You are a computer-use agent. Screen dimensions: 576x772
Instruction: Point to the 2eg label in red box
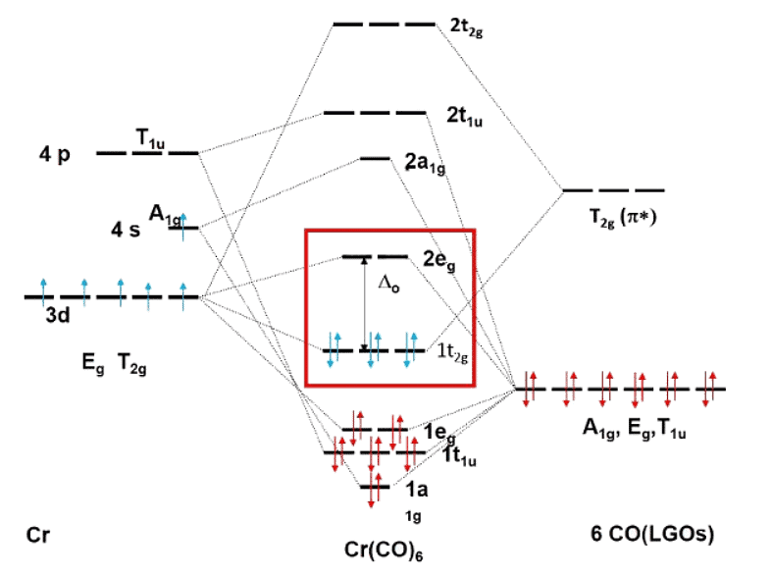[x=439, y=261]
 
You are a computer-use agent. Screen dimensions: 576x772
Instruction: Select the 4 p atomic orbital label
[x=56, y=154]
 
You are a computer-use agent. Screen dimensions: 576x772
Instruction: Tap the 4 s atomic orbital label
[x=127, y=230]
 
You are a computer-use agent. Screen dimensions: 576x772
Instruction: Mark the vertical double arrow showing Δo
[x=365, y=303]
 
